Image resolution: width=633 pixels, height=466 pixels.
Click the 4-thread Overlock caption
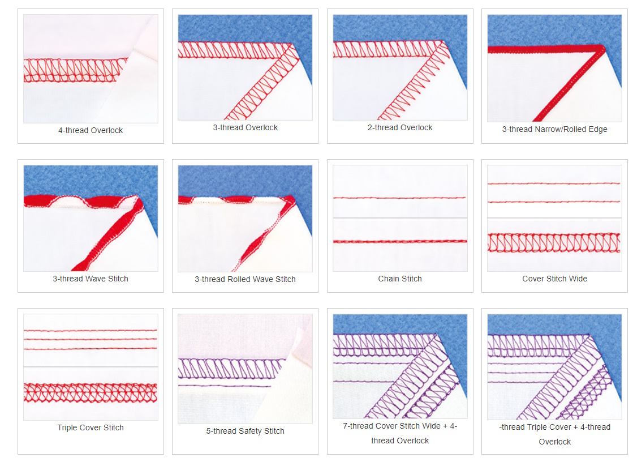[91, 130]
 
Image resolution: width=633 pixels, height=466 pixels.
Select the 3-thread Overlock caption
[246, 127]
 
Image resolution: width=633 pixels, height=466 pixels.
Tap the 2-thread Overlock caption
[400, 127]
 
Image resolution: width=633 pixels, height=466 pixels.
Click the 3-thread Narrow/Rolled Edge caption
[554, 129]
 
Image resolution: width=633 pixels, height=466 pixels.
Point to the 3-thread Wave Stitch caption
[91, 279]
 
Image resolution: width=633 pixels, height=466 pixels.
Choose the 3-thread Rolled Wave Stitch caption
[246, 279]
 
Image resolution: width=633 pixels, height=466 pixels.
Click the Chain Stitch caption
[400, 279]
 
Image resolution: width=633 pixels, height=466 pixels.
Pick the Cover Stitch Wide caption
[554, 279]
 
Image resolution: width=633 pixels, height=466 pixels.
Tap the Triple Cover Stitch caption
[91, 427]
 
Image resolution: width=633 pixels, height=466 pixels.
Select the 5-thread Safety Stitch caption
[246, 431]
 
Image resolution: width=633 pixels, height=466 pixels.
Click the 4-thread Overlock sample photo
[91, 69]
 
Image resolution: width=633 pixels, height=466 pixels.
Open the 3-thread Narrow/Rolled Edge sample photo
[554, 68]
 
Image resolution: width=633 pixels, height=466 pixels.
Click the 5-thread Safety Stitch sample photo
[246, 369]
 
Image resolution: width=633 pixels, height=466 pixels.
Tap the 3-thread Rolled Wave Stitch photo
[246, 219]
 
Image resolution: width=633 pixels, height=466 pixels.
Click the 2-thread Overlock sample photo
[400, 67]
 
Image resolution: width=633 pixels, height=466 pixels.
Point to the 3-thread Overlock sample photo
[246, 67]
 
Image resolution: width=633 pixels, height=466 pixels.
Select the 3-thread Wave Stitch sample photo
[91, 218]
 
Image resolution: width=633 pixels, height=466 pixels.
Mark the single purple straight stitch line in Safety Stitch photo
[226, 386]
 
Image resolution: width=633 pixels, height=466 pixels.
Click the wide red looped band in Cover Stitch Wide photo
[554, 243]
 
